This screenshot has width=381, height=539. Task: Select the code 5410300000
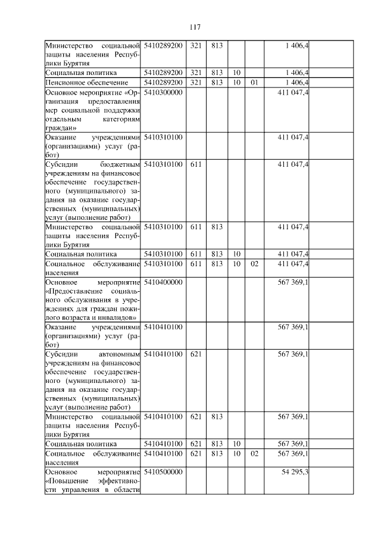coord(163,92)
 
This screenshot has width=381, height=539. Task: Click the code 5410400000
coord(163,281)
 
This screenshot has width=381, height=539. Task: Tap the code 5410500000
coord(163,471)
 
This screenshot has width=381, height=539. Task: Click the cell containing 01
coord(254,82)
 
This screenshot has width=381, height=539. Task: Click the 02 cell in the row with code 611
coord(254,263)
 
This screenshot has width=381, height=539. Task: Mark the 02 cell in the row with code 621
coord(254,453)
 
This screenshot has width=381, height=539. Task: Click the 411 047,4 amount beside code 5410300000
coord(292,92)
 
